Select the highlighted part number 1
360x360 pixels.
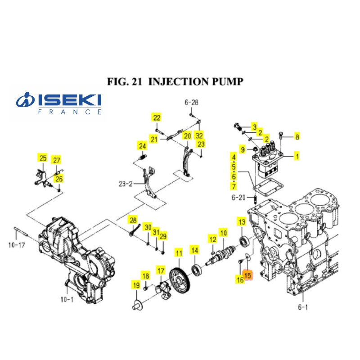[x=297, y=157]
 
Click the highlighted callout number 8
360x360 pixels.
[x=297, y=136]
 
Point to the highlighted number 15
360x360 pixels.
[x=248, y=274]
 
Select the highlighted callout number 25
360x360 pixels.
[x=43, y=158]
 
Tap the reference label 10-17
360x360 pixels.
[x=18, y=245]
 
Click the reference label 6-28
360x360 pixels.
[x=191, y=103]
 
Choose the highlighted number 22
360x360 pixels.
[x=156, y=118]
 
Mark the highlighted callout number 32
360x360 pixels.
[x=199, y=135]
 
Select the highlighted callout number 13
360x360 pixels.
[x=242, y=222]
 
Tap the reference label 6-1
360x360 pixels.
[x=303, y=307]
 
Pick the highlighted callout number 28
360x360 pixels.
[x=133, y=220]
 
